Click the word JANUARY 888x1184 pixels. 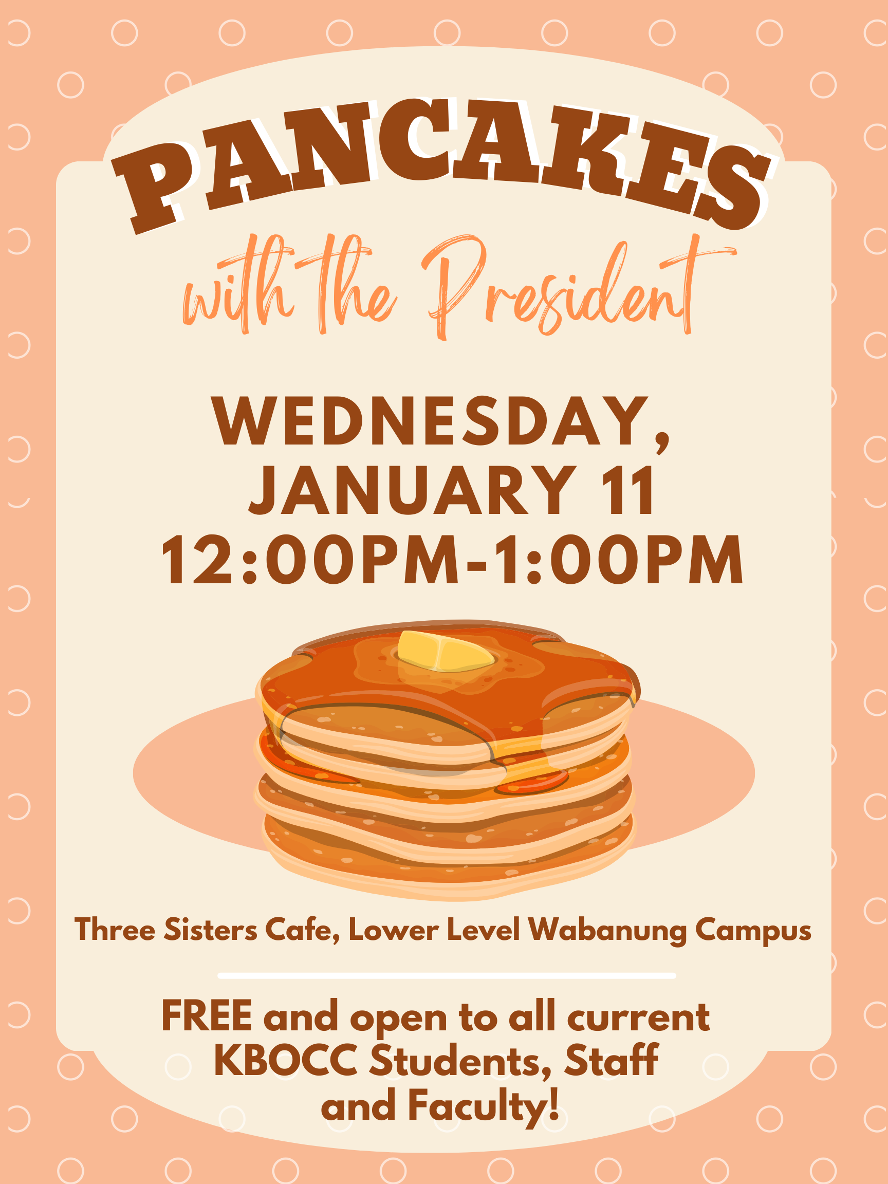point(413,490)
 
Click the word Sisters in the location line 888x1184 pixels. point(210,929)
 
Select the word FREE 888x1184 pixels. point(207,1015)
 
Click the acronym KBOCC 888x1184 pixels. point(286,1060)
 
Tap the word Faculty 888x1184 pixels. point(484,1106)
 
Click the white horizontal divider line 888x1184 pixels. point(447,976)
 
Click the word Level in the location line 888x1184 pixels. point(484,929)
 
